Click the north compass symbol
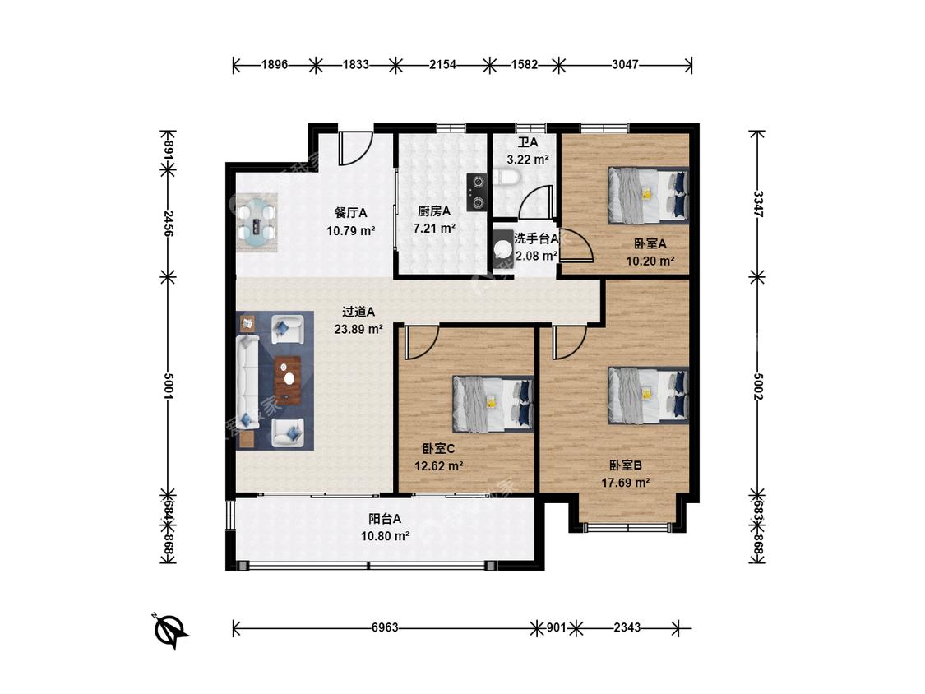[170, 630]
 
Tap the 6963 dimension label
[385, 627]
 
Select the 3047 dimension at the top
[625, 64]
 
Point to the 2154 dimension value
[442, 64]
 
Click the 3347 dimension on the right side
[758, 204]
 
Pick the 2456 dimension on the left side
[168, 223]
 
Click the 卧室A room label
[650, 243]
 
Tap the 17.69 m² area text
[626, 483]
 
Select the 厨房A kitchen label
[434, 211]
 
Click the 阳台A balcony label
[385, 519]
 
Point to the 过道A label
[358, 312]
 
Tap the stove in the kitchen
[477, 192]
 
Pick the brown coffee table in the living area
[287, 380]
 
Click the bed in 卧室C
[493, 404]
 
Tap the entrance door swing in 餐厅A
[355, 148]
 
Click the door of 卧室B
[569, 342]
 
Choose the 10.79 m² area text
[351, 231]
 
